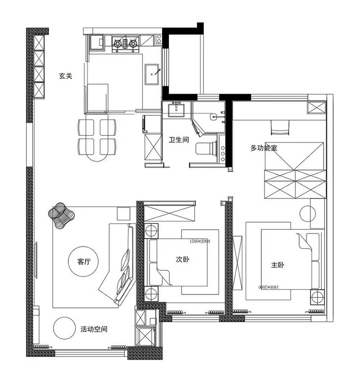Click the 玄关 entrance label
pyautogui.click(x=66, y=76)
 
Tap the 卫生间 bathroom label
pyautogui.click(x=179, y=140)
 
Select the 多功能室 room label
pyautogui.click(x=264, y=148)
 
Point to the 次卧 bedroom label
pyautogui.click(x=182, y=259)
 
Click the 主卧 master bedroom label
pyautogui.click(x=277, y=265)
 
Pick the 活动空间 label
pyautogui.click(x=94, y=329)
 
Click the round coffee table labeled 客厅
pyautogui.click(x=83, y=261)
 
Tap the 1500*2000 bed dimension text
pyautogui.click(x=200, y=241)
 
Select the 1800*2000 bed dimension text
pyautogui.click(x=269, y=287)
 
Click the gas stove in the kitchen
pyautogui.click(x=125, y=44)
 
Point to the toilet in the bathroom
pyautogui.click(x=207, y=148)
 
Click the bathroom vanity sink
pyautogui.click(x=176, y=109)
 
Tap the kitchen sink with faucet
pyautogui.click(x=153, y=74)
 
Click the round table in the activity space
pyautogui.click(x=65, y=328)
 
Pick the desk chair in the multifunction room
pyautogui.click(x=280, y=127)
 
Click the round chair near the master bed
pyautogui.click(x=308, y=214)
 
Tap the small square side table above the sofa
pyautogui.click(x=123, y=214)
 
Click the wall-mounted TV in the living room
pyautogui.click(x=36, y=260)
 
